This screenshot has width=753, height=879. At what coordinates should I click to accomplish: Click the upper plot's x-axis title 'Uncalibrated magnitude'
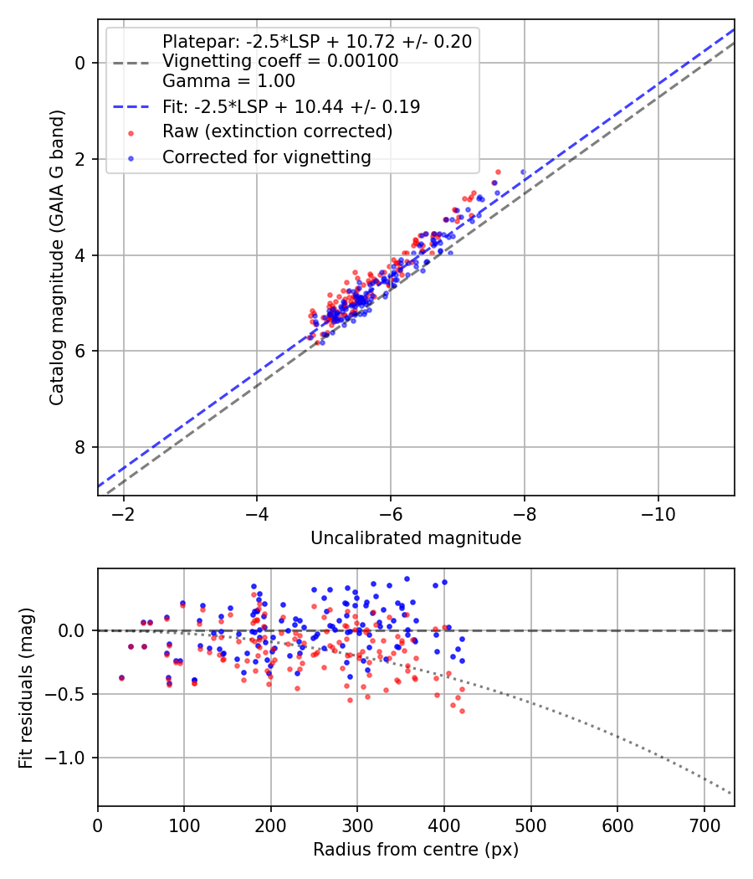[x=416, y=538]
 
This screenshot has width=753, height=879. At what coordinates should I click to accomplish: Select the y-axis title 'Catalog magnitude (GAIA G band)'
[x=57, y=256]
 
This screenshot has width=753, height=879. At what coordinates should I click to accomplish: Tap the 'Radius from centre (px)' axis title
[x=416, y=850]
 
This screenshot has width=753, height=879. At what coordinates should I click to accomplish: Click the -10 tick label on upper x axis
[x=658, y=512]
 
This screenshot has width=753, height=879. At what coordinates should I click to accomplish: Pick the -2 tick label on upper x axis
[x=124, y=512]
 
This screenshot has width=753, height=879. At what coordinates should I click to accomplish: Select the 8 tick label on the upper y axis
[x=81, y=448]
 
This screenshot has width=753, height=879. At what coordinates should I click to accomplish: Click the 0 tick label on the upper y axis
[x=81, y=63]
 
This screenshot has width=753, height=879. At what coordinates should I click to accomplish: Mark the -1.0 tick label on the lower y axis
[x=71, y=758]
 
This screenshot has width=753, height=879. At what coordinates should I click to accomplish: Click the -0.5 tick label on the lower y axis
[x=71, y=694]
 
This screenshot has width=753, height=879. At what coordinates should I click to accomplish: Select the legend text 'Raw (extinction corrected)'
[x=277, y=131]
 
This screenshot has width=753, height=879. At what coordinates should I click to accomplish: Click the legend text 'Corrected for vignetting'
[x=266, y=157]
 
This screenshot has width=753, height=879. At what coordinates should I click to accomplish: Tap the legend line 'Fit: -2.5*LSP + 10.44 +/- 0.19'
[x=291, y=106]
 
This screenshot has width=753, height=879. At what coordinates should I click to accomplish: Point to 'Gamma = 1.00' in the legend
[x=228, y=81]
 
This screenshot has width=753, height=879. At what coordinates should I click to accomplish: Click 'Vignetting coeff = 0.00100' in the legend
[x=280, y=61]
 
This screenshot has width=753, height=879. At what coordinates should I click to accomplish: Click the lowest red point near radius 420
[x=462, y=711]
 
